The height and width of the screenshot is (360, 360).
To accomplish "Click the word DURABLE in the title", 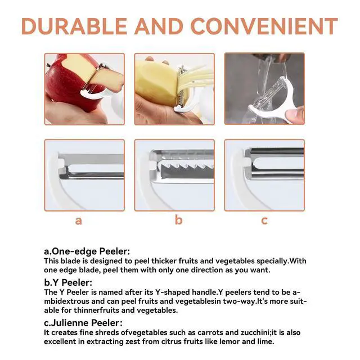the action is (x=74, y=26).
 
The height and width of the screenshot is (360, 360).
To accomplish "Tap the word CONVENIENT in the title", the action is (x=264, y=26).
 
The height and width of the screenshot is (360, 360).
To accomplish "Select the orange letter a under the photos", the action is (x=79, y=221).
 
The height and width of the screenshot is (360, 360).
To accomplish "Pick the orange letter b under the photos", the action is (x=178, y=220).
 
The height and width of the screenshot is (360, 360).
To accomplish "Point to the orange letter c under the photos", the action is (x=264, y=221).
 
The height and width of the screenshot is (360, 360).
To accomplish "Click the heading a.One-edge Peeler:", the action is (x=87, y=251).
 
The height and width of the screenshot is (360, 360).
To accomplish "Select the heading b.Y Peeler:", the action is (x=68, y=282).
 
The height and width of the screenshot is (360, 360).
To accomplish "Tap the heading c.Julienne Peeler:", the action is (x=83, y=323).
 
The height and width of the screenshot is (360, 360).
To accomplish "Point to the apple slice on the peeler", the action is (x=108, y=79).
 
